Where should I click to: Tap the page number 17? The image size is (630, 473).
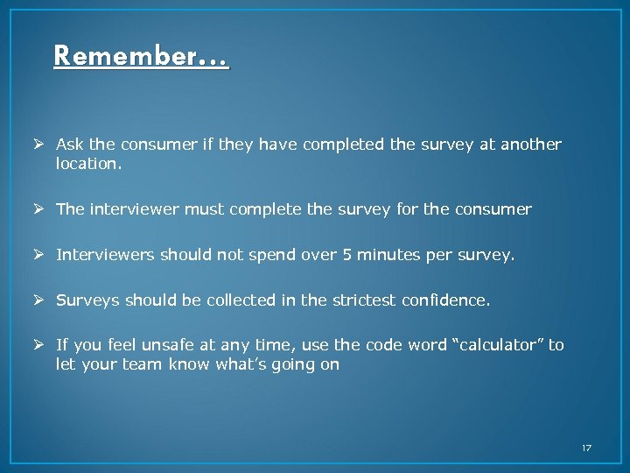[x=586, y=448]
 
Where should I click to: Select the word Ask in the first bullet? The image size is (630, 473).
[x=69, y=144]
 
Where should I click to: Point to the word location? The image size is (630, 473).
[x=86, y=164]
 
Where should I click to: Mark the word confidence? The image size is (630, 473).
[x=446, y=300]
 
